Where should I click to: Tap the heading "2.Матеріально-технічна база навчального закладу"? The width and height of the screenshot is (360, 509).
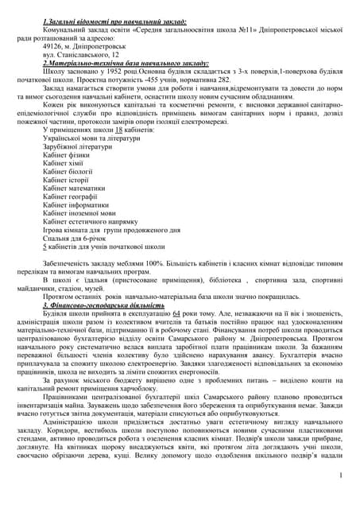pos(126,61)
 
